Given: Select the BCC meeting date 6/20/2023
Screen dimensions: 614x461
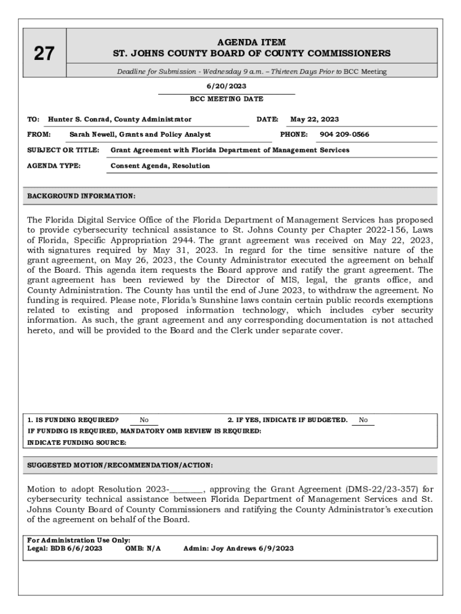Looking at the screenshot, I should (x=226, y=86).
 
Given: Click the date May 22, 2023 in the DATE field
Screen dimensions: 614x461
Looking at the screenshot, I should (x=314, y=119).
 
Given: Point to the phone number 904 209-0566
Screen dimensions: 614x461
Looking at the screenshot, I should (x=344, y=134).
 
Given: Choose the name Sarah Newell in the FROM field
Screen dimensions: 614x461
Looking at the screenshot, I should (x=92, y=134).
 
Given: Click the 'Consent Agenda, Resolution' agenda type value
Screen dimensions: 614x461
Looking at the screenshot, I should (x=160, y=165).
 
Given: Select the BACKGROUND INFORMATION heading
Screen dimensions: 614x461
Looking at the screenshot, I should (x=81, y=196).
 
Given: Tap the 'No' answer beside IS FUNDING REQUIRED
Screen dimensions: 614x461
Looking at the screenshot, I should (x=144, y=420).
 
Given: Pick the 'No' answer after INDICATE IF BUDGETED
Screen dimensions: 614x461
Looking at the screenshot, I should (x=363, y=420).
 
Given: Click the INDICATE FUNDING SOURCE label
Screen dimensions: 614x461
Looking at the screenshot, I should (x=77, y=443).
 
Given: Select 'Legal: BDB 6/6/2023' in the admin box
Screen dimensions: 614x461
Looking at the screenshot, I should (x=65, y=549).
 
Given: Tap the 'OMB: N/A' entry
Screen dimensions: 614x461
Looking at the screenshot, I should (x=143, y=549).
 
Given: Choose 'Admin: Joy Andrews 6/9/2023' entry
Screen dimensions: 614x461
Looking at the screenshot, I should (x=238, y=549).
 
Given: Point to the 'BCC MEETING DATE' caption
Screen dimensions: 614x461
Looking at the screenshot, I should (x=226, y=99).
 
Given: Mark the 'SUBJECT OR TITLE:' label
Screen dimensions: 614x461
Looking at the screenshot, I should (x=63, y=150).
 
